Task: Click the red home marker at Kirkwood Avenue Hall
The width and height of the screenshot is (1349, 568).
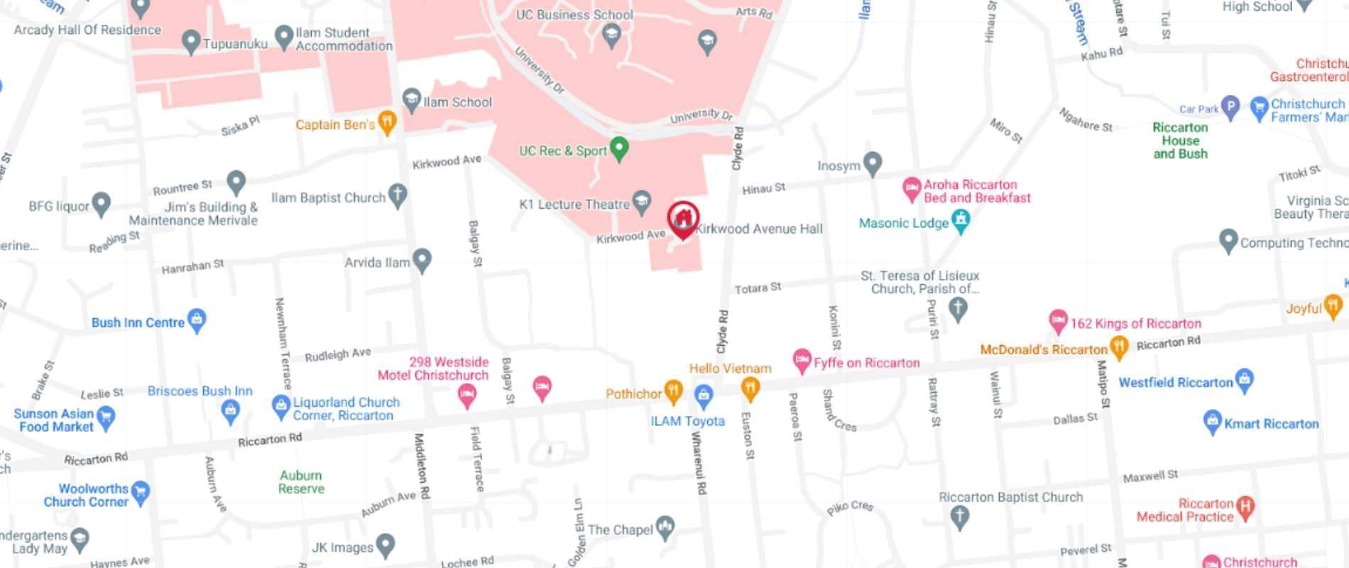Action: pos(683,219)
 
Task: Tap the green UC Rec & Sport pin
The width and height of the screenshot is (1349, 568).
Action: pos(620,148)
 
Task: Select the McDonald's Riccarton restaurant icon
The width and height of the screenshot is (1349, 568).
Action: pos(1119,347)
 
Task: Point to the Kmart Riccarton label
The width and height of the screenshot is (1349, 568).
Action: pos(1271,424)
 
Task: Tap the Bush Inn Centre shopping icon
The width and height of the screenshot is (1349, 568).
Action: pos(197,319)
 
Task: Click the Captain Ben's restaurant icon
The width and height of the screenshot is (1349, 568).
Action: pos(387,121)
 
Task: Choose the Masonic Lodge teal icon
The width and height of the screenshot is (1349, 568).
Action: pos(961,220)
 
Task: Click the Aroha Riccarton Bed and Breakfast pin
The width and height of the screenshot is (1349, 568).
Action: pos(911,189)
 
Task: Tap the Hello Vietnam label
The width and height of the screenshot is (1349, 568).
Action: pos(730,368)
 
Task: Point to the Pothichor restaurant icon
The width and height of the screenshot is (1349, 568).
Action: pos(672,390)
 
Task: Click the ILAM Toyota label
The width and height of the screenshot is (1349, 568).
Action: pos(687,421)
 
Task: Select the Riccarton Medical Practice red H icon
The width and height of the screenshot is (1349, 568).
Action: pos(1245,506)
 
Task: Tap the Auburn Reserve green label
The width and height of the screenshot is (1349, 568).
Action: pos(301,482)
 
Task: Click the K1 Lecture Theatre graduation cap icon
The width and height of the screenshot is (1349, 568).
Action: pos(642,202)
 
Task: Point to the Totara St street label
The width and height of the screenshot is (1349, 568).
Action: pos(758,288)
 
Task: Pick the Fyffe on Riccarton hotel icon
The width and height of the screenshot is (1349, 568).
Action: pos(802,360)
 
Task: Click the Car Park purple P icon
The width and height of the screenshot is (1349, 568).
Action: pos(1230,106)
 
